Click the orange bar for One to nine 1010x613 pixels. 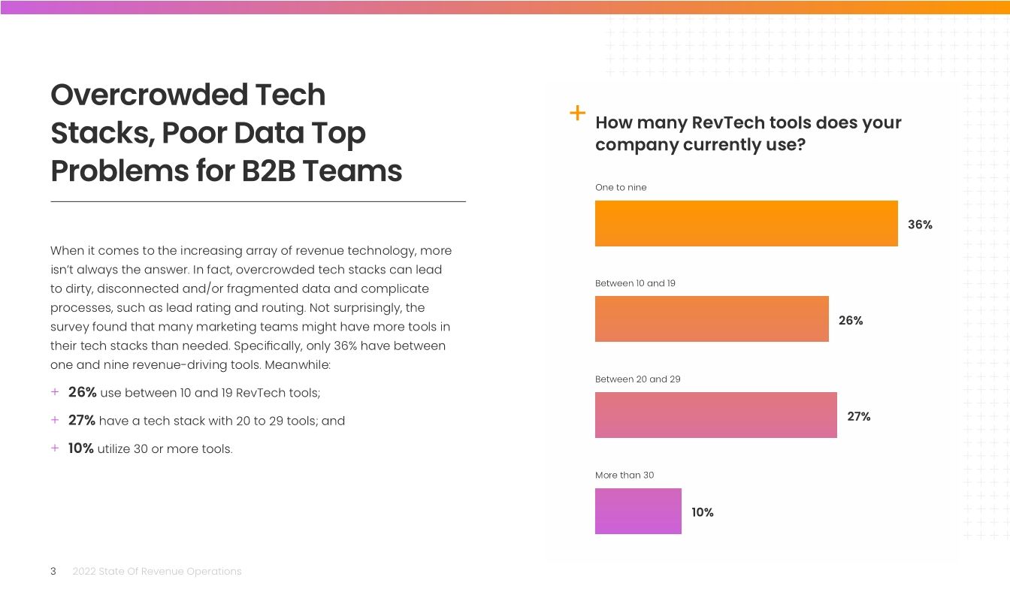pyautogui.click(x=746, y=223)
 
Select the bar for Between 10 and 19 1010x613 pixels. pyautogui.click(x=712, y=319)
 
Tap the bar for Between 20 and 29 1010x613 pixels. pyautogui.click(x=715, y=415)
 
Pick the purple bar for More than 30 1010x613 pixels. pyautogui.click(x=638, y=512)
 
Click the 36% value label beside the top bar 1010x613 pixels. pyautogui.click(x=920, y=225)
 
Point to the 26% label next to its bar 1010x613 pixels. pyautogui.click(x=851, y=321)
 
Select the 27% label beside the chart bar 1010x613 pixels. pyautogui.click(x=859, y=416)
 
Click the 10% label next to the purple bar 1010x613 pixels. pyautogui.click(x=703, y=512)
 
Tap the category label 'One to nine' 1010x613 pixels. pyautogui.click(x=621, y=187)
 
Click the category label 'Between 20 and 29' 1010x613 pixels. pyautogui.click(x=637, y=379)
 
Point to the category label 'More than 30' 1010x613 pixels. pyautogui.click(x=624, y=476)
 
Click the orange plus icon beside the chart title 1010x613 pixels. pyautogui.click(x=577, y=113)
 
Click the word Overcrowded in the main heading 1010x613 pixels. pyautogui.click(x=149, y=95)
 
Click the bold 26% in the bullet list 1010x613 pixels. pyautogui.click(x=82, y=392)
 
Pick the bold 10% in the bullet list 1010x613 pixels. pyautogui.click(x=80, y=448)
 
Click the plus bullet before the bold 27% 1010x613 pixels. pyautogui.click(x=55, y=420)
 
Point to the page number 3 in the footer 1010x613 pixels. pyautogui.click(x=53, y=572)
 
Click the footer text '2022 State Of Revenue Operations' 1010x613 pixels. pyautogui.click(x=157, y=572)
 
